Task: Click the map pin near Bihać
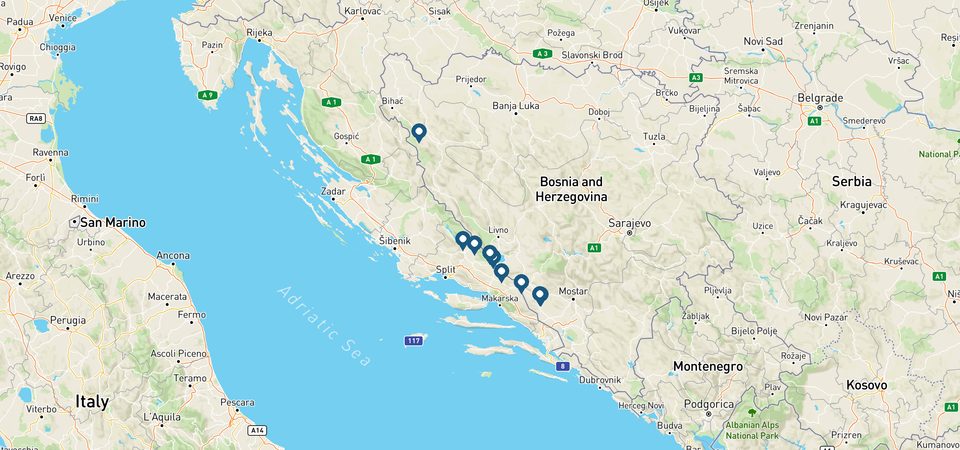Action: [x=419, y=132]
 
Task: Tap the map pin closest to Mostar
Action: [x=540, y=295]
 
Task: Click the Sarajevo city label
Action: [x=630, y=223]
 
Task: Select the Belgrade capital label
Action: [x=820, y=98]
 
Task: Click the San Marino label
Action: [x=113, y=222]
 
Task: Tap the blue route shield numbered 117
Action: [x=414, y=341]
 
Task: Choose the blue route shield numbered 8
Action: [x=562, y=366]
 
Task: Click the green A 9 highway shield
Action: [x=207, y=95]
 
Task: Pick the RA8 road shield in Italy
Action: [x=36, y=119]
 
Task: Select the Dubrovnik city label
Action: [x=600, y=380]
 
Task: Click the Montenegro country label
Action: [x=708, y=366]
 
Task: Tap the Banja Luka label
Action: [x=516, y=106]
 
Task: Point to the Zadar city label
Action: [x=333, y=192]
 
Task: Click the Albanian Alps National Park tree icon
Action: [x=752, y=413]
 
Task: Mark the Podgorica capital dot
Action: [x=709, y=414]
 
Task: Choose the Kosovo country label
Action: [x=867, y=385]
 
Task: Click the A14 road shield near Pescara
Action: [x=257, y=430]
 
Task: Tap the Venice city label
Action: [x=63, y=18]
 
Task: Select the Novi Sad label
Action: [x=763, y=42]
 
